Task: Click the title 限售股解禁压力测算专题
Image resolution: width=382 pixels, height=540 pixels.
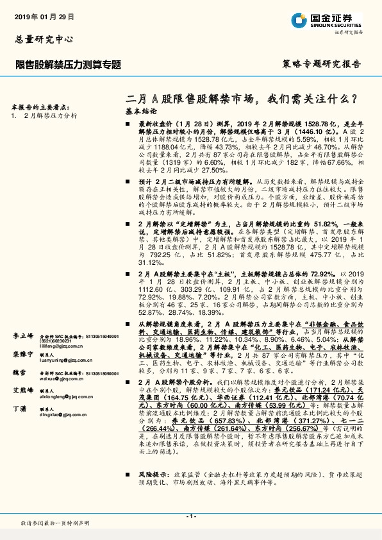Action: point(67,65)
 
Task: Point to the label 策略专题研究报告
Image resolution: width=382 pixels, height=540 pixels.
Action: point(321,65)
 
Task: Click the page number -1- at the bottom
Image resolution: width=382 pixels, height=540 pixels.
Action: point(190,516)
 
